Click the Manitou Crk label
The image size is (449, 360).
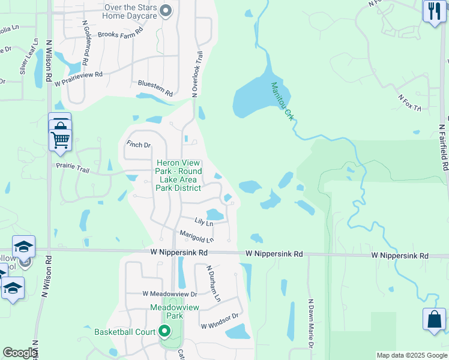tap(282, 101)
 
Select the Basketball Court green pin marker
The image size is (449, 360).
tap(163, 331)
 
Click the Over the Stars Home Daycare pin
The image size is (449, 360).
tap(167, 11)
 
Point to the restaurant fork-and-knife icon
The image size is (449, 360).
tap(433, 10)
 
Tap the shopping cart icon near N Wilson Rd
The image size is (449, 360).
tap(60, 139)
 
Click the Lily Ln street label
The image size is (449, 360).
tap(203, 223)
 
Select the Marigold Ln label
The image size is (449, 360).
tap(196, 236)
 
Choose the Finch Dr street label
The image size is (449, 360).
tap(138, 145)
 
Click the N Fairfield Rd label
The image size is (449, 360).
tap(443, 147)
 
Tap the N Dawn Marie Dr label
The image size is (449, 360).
tap(311, 323)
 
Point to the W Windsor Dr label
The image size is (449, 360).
tap(220, 321)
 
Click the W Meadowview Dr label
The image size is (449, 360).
tap(170, 294)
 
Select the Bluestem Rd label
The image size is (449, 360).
tap(155, 89)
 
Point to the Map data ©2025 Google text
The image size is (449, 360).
tap(411, 355)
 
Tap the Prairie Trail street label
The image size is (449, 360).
tap(73, 170)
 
